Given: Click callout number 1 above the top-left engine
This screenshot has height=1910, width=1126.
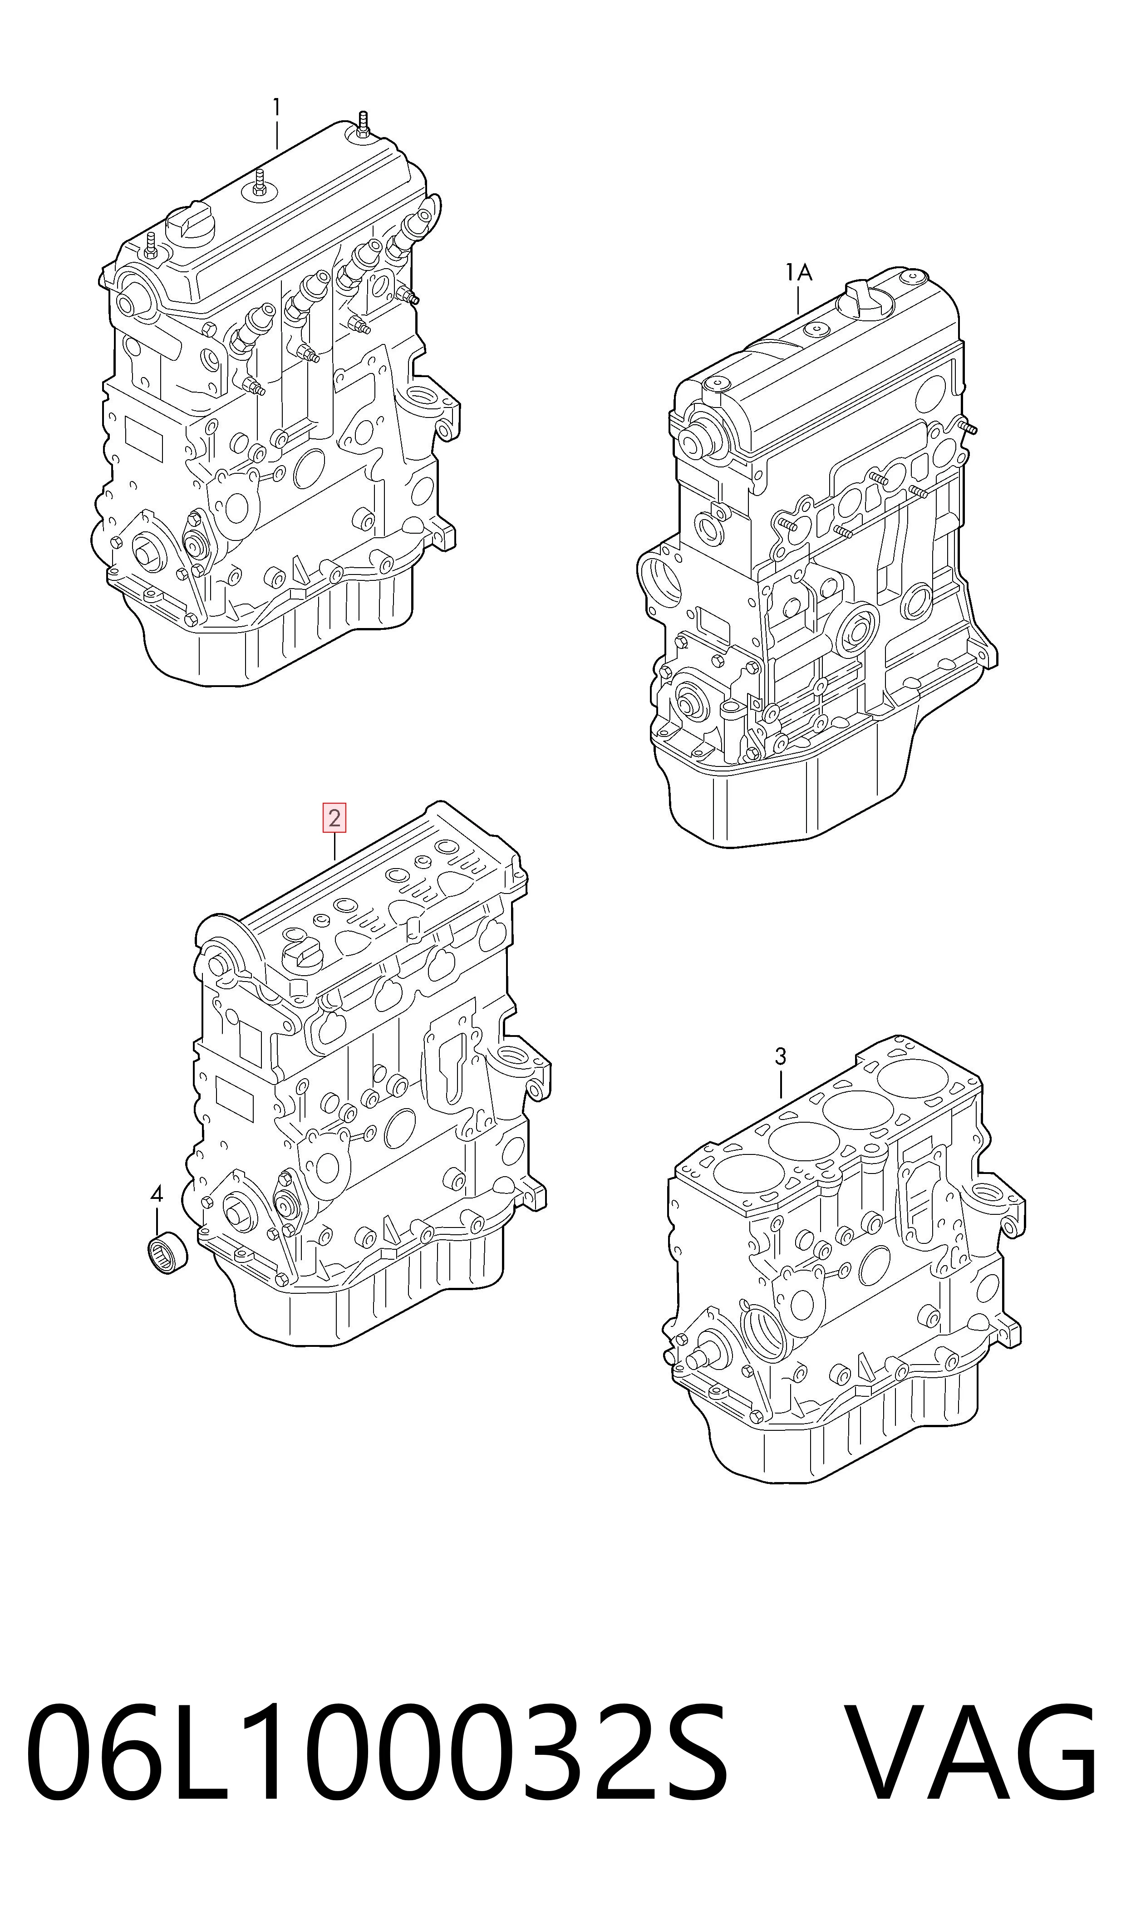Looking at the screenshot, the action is coord(277,108).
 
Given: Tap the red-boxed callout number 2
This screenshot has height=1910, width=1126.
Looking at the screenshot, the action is coord(334,819).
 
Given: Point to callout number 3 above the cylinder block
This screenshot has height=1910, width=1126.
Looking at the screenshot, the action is coord(781,1056).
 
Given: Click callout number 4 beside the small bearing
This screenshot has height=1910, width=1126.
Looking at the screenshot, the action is coord(156,1195).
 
